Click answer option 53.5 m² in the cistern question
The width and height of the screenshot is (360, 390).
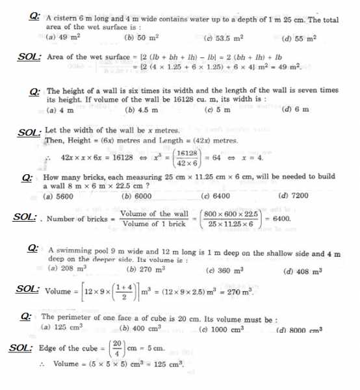(x=225, y=39)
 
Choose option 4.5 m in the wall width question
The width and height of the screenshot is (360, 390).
(x=146, y=110)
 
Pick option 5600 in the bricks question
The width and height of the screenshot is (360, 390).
(x=57, y=196)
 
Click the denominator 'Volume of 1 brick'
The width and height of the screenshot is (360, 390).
(x=155, y=224)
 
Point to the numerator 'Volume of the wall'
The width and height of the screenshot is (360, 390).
(x=155, y=214)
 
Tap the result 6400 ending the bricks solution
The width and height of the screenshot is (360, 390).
(x=281, y=219)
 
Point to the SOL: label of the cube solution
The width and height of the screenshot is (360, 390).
(x=22, y=348)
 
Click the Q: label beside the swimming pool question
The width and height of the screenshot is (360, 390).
(x=35, y=249)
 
